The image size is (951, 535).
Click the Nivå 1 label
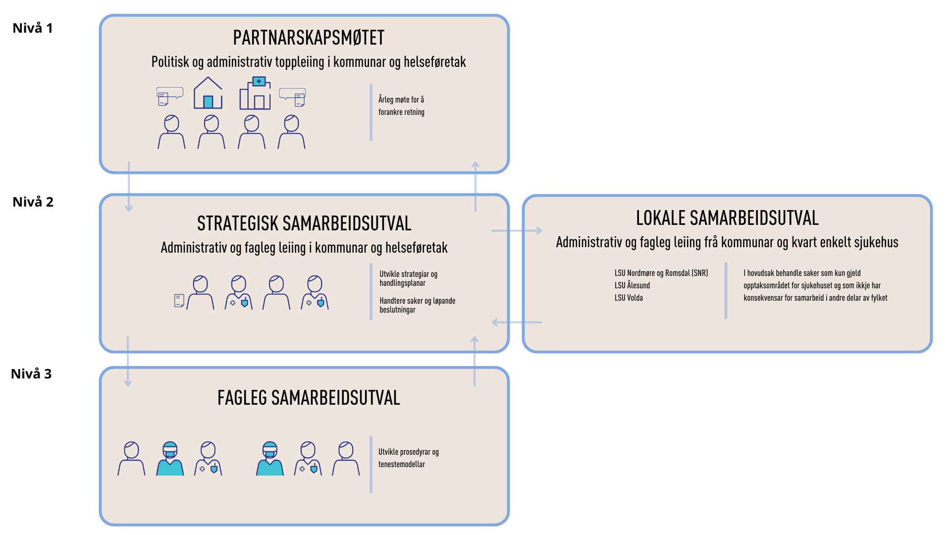tap(33, 28)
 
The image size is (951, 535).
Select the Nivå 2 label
tap(33, 202)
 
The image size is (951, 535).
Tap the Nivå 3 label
tap(31, 374)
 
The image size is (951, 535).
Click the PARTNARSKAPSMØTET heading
tap(309, 38)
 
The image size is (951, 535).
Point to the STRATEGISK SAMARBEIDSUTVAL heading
tap(304, 224)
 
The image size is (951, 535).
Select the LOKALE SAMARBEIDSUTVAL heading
tap(727, 218)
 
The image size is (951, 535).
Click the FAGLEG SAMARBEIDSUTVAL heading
tap(309, 398)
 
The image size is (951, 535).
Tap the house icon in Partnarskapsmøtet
tap(208, 93)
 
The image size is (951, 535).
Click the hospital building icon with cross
tap(255, 93)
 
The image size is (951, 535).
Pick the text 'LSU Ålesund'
tap(632, 285)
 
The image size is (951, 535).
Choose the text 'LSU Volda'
tap(629, 298)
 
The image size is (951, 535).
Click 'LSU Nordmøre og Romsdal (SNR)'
tap(661, 273)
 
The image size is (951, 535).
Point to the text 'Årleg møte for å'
tap(401, 100)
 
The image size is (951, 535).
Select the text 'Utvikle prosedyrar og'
tap(409, 452)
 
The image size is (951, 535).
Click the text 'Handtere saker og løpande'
tap(418, 301)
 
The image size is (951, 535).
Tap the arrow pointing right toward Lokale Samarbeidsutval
tap(517, 230)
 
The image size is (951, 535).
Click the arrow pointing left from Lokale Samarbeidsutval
tap(517, 322)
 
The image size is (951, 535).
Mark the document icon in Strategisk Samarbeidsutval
tap(179, 300)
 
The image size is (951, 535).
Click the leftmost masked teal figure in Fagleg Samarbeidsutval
tap(170, 459)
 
